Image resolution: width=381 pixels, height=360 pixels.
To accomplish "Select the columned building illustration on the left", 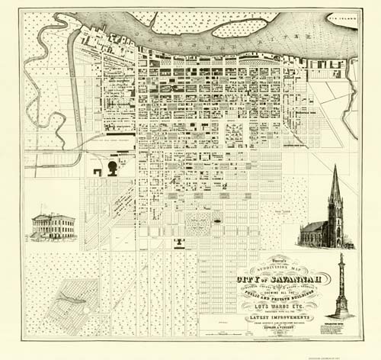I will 53,227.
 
